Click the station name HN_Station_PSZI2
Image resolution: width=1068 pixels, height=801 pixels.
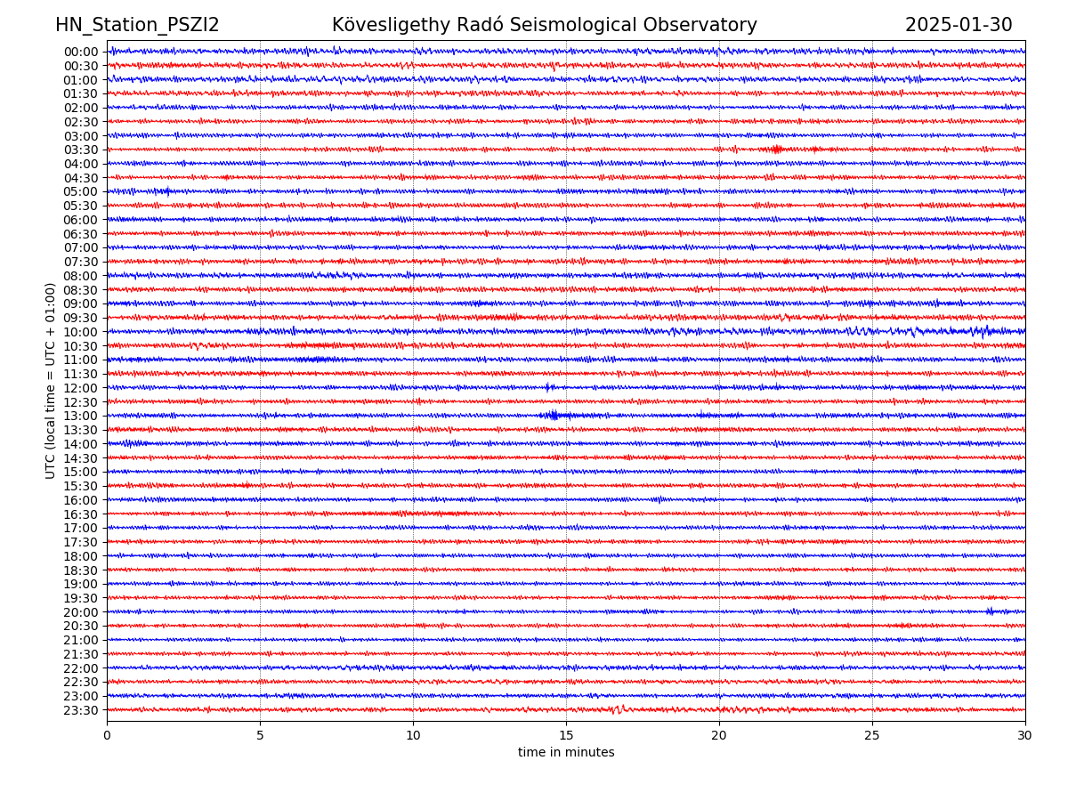pos(137,25)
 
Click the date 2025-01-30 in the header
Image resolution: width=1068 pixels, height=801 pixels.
pos(959,25)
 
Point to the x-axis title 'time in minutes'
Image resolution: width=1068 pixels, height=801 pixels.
pos(566,753)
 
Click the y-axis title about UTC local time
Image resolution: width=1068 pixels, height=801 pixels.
pos(51,380)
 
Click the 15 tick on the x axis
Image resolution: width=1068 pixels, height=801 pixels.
pos(566,736)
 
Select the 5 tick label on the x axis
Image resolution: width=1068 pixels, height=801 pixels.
pos(260,736)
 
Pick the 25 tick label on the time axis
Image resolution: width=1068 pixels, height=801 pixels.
pos(872,736)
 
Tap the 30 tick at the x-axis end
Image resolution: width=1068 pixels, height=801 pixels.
pos(1025,736)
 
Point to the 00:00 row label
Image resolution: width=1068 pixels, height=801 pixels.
pos(81,52)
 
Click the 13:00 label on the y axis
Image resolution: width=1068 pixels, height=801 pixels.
pos(81,416)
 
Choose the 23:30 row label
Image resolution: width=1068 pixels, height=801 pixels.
pos(81,710)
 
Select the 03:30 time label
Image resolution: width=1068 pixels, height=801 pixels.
pos(81,150)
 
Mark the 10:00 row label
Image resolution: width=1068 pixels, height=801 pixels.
pos(81,332)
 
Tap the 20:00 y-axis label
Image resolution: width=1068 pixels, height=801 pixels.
pos(81,612)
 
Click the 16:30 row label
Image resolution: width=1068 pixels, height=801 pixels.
pos(81,514)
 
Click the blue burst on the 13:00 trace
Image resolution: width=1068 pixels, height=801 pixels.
pos(553,415)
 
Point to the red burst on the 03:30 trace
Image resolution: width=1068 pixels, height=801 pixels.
pos(776,149)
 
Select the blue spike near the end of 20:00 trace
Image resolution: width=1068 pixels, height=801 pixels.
pos(990,611)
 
